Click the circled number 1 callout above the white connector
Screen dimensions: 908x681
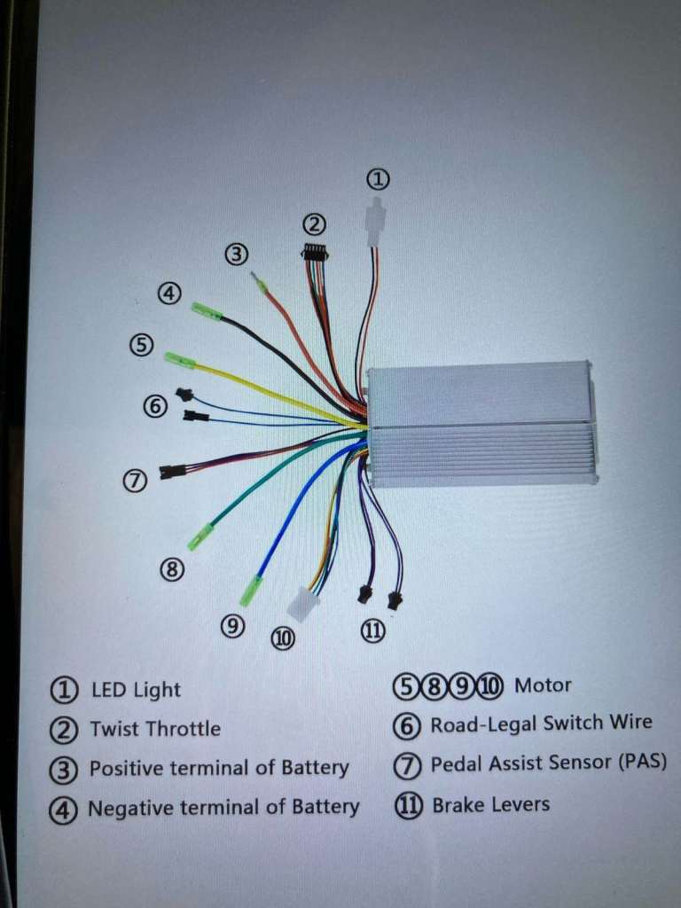[x=379, y=180]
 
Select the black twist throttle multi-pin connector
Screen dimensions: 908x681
[x=316, y=253]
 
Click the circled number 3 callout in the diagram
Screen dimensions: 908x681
[x=236, y=254]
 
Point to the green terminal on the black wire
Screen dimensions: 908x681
[x=206, y=311]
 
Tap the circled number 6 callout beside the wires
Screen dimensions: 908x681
[x=155, y=406]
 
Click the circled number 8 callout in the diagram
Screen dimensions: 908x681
[x=172, y=570]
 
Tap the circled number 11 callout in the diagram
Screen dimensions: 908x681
[x=373, y=630]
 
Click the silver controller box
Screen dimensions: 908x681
[x=480, y=425]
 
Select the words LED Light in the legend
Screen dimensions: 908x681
[x=136, y=690]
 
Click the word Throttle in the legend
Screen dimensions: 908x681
[x=184, y=729]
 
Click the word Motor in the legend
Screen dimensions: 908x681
[x=543, y=685]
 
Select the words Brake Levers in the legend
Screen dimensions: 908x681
[x=490, y=805]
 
